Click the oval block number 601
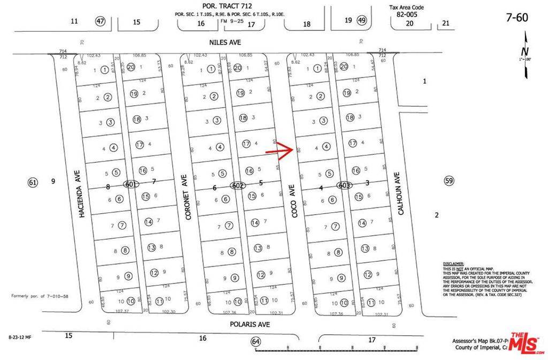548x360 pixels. (129, 185)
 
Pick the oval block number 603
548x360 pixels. (344, 185)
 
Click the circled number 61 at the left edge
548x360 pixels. (33, 182)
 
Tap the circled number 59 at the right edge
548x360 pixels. (448, 181)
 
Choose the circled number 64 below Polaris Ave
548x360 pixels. (255, 341)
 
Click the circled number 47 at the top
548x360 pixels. (100, 21)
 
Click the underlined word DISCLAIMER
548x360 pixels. (454, 264)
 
